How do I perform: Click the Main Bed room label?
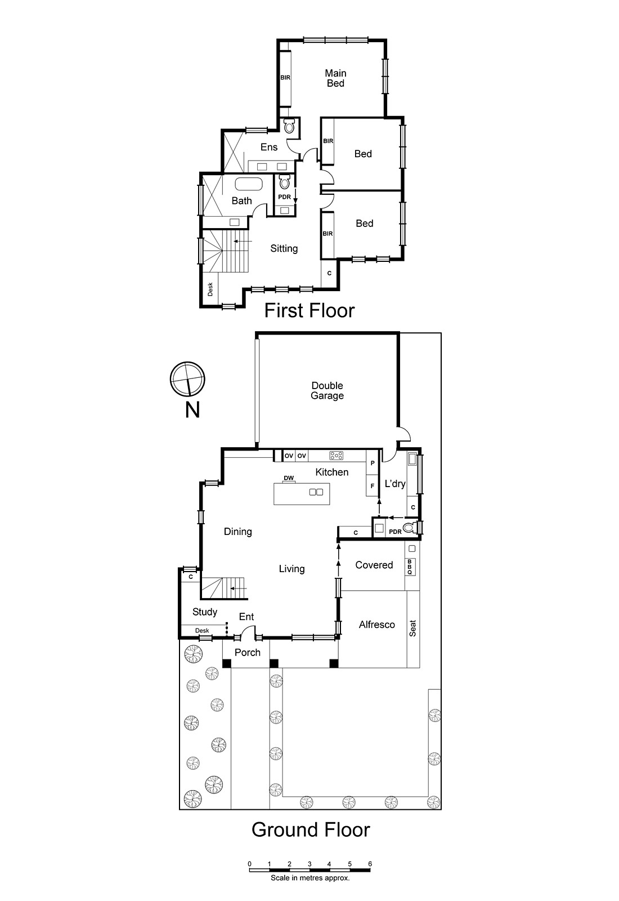[x=335, y=78]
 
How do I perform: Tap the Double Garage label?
[x=327, y=390]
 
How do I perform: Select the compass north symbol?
[x=187, y=379]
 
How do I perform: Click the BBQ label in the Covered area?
[x=410, y=567]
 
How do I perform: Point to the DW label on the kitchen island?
[x=289, y=478]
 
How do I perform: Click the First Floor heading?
[x=309, y=310]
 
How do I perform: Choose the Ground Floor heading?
[x=311, y=829]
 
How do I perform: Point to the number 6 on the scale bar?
[x=370, y=864]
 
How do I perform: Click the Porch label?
[x=248, y=652]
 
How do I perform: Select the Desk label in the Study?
[x=202, y=631]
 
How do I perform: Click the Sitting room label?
[x=284, y=248]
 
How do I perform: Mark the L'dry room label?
[x=395, y=483]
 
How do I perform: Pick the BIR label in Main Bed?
[x=285, y=78]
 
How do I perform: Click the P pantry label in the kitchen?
[x=373, y=463]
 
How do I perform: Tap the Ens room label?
[x=269, y=147]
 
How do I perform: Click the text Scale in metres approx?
[x=310, y=877]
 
